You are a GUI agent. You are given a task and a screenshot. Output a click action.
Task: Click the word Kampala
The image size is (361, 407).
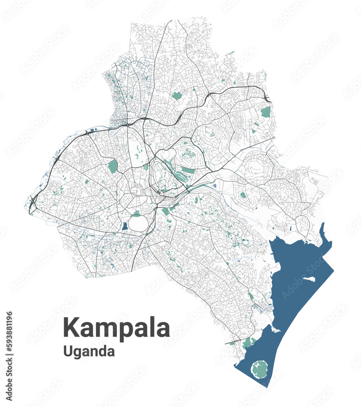[117, 328]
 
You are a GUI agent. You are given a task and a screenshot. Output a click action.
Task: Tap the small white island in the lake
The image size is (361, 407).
[309, 280]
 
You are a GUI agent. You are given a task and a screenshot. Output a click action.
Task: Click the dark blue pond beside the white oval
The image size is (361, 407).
[124, 226]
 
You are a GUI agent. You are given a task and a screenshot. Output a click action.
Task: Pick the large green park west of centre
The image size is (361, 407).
[112, 166]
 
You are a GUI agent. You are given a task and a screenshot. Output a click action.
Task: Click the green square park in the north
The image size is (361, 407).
[176, 96]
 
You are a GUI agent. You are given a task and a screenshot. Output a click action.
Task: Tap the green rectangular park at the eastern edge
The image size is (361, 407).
[266, 112]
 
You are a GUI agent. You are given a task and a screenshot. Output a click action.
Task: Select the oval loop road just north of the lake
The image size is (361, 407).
[304, 223]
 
